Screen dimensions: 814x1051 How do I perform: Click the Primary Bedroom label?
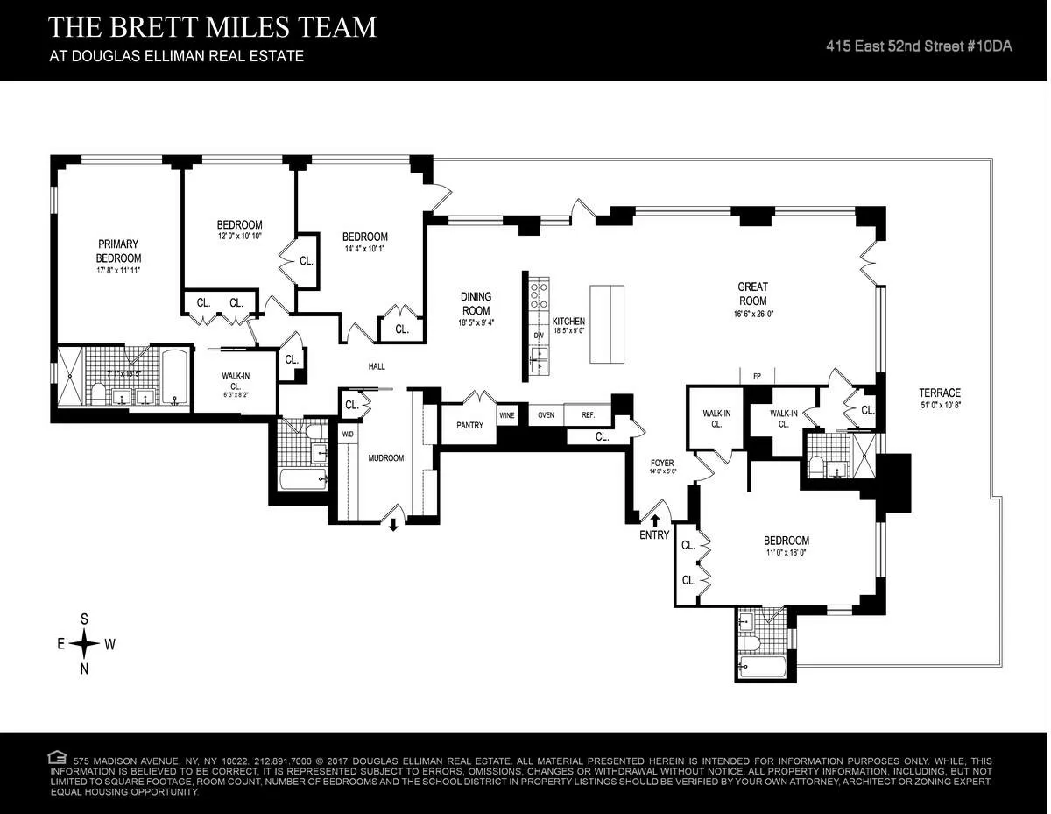coord(118,251)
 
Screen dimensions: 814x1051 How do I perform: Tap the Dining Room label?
coord(476,304)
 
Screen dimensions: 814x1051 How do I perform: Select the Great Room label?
coord(752,294)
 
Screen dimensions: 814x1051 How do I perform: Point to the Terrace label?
coord(940,393)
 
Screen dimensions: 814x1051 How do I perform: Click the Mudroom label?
coord(385,458)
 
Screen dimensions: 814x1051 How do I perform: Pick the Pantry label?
coord(469,425)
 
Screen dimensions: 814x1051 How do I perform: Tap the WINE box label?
coord(506,415)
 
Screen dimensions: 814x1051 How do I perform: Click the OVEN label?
coord(546,415)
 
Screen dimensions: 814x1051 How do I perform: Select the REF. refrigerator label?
coord(588,415)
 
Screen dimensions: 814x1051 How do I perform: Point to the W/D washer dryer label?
coord(348,435)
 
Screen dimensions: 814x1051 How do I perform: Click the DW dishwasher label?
coord(539,335)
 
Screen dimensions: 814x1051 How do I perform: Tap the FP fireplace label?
coord(757,377)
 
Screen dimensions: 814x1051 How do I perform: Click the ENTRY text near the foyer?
coord(654,535)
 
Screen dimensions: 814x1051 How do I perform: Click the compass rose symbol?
coord(85,644)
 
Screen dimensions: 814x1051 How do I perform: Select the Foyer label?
coord(661,463)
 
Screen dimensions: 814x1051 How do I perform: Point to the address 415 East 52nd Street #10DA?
coord(919,46)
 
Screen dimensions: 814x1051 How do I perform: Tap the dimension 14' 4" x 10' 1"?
coord(364,249)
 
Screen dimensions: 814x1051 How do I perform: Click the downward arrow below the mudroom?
coord(393,525)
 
